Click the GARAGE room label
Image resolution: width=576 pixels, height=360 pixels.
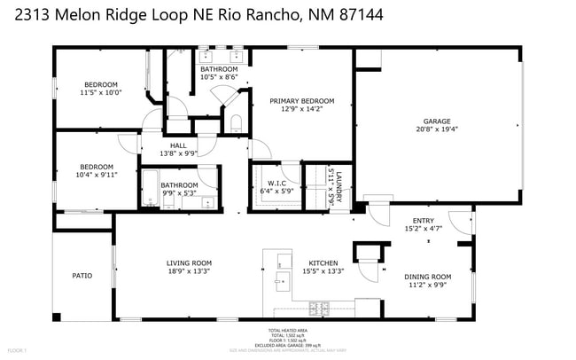(x=440, y=121)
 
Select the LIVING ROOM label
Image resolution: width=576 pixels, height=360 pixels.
(x=189, y=262)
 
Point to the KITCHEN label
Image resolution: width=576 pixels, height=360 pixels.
(x=322, y=262)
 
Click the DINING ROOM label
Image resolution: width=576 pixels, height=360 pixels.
(x=427, y=276)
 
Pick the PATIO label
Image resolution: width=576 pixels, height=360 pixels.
(x=82, y=276)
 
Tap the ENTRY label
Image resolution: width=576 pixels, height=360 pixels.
(x=424, y=221)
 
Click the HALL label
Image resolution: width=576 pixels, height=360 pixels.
(x=178, y=145)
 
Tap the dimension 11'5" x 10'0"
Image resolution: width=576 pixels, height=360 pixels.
(x=100, y=92)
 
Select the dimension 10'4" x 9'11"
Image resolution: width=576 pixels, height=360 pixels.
(x=96, y=175)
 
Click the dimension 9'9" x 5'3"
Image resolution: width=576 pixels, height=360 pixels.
(x=178, y=192)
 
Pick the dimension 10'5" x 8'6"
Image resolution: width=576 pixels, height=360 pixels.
(x=217, y=77)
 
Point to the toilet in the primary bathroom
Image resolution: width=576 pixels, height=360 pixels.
(x=236, y=122)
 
